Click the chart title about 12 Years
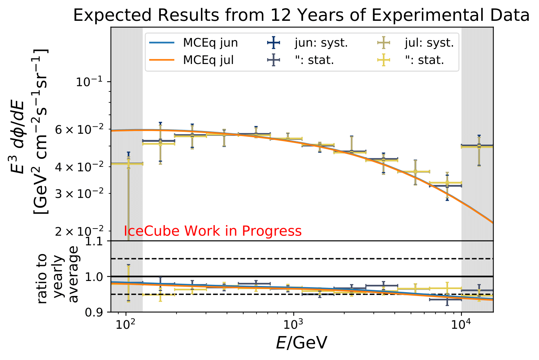(301, 15)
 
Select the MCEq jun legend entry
(210, 42)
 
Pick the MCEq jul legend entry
(208, 60)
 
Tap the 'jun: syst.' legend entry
(321, 42)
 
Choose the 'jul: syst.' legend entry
(429, 42)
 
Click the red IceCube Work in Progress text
(212, 231)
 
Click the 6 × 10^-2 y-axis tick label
(80, 130)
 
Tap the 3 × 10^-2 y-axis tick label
(80, 193)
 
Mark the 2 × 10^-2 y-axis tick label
(80, 231)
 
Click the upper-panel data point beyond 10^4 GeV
(479, 146)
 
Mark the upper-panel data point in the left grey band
(128, 164)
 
